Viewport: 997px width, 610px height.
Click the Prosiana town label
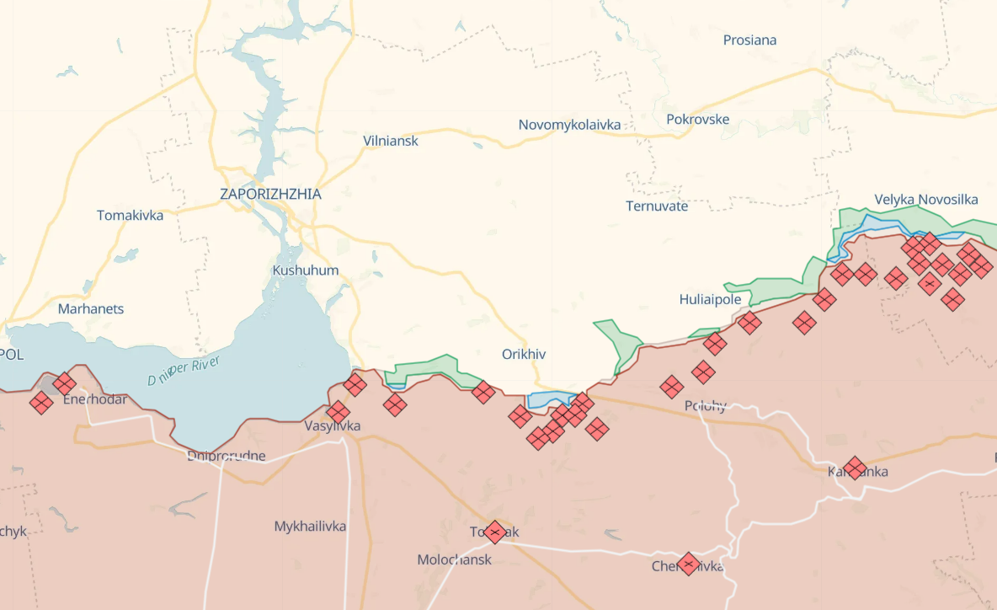pos(749,40)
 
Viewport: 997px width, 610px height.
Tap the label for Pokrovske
pos(697,120)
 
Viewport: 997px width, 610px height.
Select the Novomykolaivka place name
pos(569,126)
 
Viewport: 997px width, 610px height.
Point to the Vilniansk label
pos(391,142)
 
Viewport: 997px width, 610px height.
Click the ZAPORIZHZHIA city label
pos(270,195)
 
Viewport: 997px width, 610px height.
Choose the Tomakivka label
pos(130,216)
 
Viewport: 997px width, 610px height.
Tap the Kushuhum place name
pos(305,271)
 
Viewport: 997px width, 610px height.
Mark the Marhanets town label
pos(90,309)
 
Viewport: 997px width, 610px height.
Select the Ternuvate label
pos(657,206)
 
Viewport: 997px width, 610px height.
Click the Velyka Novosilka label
pos(926,200)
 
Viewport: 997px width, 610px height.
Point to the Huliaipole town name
pos(710,300)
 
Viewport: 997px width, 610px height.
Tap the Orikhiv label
pos(524,355)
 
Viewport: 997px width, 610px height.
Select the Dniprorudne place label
pos(227,457)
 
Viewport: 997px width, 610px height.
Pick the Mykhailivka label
pos(310,527)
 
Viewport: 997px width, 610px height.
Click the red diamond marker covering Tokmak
pos(495,532)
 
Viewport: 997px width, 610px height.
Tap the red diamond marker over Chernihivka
pos(689,564)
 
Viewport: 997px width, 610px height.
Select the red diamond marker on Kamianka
pos(856,468)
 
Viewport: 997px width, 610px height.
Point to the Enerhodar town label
pos(95,399)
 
